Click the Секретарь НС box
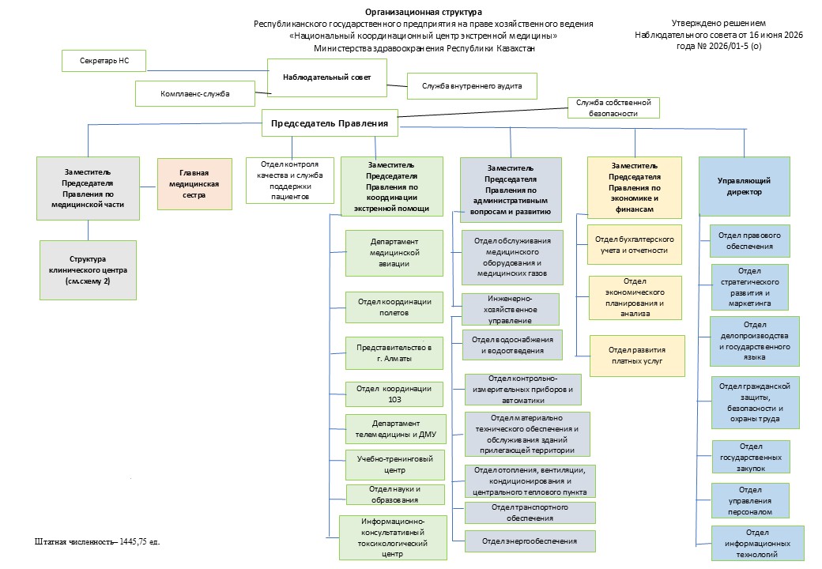click(104, 61)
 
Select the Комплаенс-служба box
click(195, 94)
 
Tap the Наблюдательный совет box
click(327, 77)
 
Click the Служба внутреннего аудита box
click(472, 86)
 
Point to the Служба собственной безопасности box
click(613, 108)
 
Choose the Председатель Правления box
click(330, 123)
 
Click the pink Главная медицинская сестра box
click(194, 184)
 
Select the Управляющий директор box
click(745, 187)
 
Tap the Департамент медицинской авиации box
click(394, 253)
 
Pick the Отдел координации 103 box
click(394, 394)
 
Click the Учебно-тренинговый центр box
click(394, 465)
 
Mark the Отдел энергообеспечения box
click(530, 541)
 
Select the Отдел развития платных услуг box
click(637, 356)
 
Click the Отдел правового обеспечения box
click(749, 241)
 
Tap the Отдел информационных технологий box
click(757, 544)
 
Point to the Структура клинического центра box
click(88, 270)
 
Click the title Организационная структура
click(424, 12)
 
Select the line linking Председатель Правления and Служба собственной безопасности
click(483, 113)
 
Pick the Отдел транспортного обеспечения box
click(530, 513)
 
